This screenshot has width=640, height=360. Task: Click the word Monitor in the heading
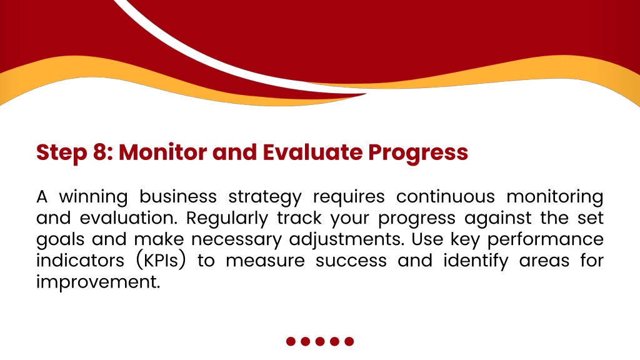click(162, 152)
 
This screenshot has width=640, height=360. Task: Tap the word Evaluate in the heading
click(312, 152)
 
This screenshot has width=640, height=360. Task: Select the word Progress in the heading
click(418, 154)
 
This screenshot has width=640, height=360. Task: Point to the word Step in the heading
click(62, 154)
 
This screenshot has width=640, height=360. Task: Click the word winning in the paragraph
click(94, 197)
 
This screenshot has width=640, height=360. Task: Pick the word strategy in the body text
click(265, 198)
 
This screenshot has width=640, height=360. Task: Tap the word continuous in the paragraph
click(445, 197)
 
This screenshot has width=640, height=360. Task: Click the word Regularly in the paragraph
click(227, 219)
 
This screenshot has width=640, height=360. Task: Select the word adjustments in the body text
click(346, 240)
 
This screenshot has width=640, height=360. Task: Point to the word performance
click(546, 240)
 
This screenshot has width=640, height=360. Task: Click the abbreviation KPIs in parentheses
click(161, 261)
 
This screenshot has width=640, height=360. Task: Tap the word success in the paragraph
click(351, 261)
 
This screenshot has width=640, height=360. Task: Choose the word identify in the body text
click(476, 261)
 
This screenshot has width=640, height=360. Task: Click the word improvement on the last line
click(98, 282)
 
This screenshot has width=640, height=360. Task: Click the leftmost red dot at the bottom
click(291, 341)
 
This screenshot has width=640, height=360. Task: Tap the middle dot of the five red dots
click(320, 341)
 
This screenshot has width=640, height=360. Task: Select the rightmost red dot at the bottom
click(349, 341)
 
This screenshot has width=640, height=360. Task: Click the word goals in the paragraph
click(61, 240)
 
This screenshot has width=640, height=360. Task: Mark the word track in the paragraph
click(299, 218)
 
